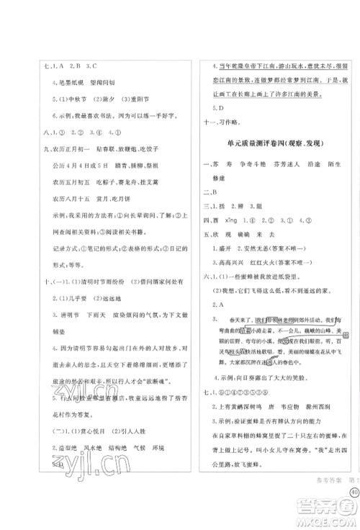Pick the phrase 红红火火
click(266, 266)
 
